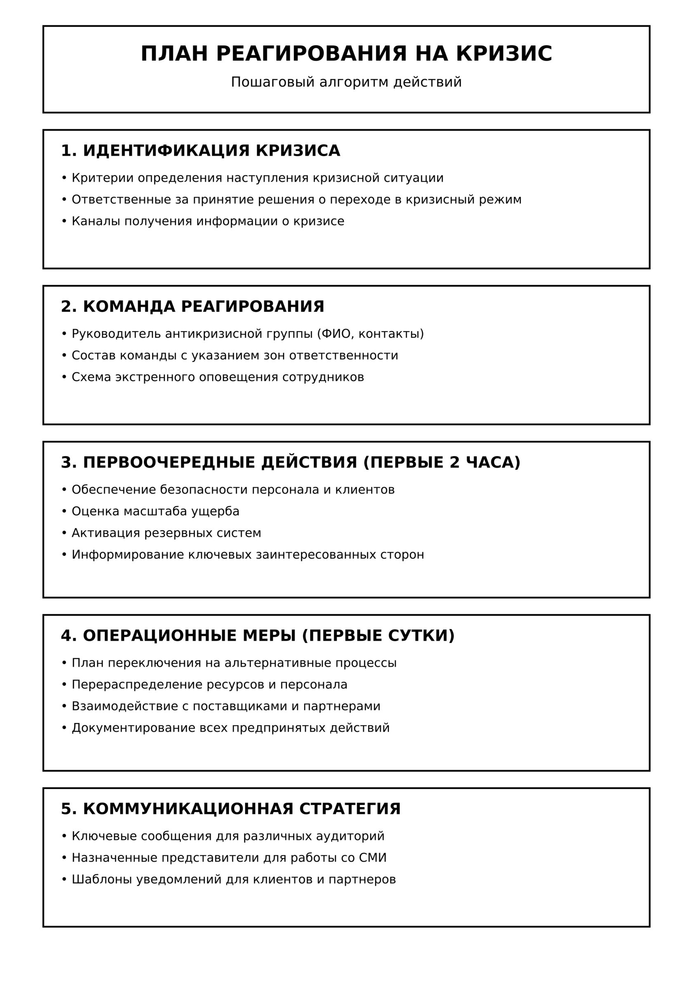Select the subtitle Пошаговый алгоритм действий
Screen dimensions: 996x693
346,82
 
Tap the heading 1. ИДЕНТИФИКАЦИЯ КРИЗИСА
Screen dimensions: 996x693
200,151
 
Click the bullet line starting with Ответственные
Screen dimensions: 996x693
296,200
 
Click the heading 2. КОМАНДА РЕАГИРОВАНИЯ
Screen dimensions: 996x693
192,306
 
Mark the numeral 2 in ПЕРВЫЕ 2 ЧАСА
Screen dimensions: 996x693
454,462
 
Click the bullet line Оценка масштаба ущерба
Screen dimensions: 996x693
156,511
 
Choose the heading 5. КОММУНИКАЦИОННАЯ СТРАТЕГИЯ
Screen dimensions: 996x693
231,809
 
